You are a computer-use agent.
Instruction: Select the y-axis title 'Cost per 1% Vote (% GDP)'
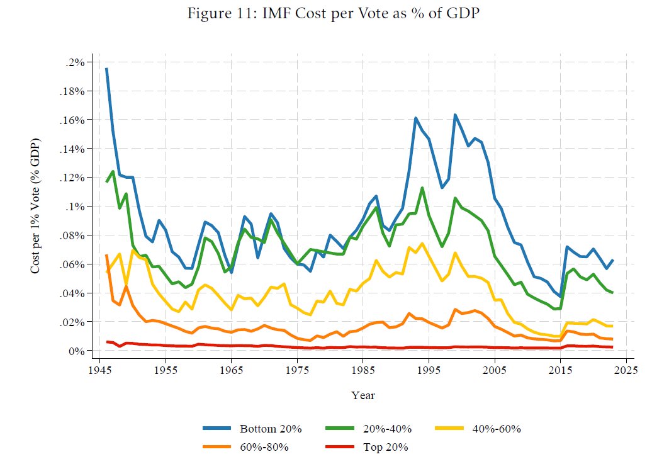pyautogui.click(x=36, y=205)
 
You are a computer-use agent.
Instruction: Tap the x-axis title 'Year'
pyautogui.click(x=363, y=395)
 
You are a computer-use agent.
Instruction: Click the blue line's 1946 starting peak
pyautogui.click(x=106, y=69)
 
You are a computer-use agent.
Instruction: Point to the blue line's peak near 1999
pyautogui.click(x=455, y=115)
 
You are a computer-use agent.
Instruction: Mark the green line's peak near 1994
pyautogui.click(x=422, y=188)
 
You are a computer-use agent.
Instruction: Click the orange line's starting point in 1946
pyautogui.click(x=106, y=256)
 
